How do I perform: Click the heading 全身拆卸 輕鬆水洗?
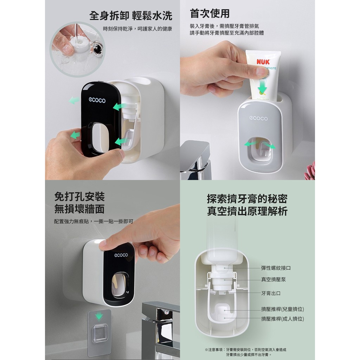click(x=131, y=15)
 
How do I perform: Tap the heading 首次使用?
click(x=210, y=13)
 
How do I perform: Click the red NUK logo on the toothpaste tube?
click(x=263, y=62)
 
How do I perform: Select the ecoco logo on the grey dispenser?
click(x=258, y=118)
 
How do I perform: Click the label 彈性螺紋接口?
click(x=276, y=268)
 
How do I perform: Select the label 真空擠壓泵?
click(x=273, y=279)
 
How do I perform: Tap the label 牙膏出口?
click(x=271, y=293)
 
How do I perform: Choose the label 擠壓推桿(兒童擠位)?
click(x=282, y=309)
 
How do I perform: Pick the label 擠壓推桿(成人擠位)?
click(x=282, y=319)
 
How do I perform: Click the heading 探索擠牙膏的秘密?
click(x=247, y=199)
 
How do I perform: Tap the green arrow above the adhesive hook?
click(x=99, y=316)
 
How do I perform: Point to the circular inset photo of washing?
click(x=78, y=49)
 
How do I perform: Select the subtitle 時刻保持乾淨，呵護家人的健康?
click(x=137, y=29)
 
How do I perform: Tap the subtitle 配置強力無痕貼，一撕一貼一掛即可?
click(x=94, y=221)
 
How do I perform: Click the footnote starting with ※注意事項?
click(x=245, y=352)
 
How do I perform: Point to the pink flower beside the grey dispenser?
click(x=310, y=171)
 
